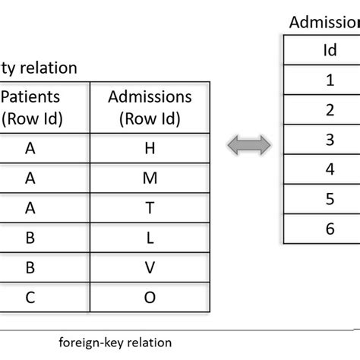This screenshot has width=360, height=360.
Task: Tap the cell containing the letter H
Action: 150,149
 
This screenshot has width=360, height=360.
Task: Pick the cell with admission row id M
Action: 150,178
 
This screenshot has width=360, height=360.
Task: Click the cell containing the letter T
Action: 150,207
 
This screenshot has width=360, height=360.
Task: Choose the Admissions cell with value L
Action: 150,237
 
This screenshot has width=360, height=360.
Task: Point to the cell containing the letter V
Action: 150,267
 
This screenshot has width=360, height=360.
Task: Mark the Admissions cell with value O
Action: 150,296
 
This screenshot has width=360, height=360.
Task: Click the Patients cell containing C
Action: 30,296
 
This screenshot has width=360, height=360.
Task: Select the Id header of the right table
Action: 329,50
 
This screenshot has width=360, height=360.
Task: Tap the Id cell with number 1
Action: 329,79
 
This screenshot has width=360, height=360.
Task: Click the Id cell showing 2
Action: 329,109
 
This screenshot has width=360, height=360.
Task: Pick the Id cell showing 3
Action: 329,139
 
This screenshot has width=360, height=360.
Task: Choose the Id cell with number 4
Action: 329,169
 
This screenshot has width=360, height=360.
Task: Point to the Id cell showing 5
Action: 329,198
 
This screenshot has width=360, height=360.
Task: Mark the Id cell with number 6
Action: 329,228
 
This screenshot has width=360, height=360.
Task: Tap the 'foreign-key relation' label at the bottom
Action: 115,342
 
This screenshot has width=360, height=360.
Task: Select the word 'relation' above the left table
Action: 51,68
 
